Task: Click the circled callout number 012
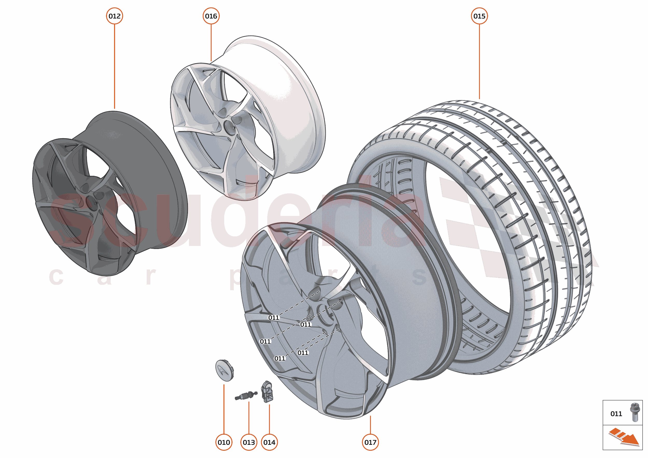[x=114, y=16]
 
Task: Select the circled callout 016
[x=211, y=16]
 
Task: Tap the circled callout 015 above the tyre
[x=479, y=16]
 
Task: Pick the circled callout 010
[x=224, y=442]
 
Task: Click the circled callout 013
[x=249, y=442]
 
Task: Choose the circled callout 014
[x=269, y=442]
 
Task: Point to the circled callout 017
[x=370, y=442]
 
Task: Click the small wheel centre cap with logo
[x=224, y=370]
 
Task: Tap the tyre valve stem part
[x=246, y=395]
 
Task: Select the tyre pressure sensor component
[x=267, y=392]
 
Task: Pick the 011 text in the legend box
[x=616, y=414]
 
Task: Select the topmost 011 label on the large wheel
[x=273, y=318]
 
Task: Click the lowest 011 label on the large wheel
[x=279, y=358]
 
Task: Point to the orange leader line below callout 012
[x=114, y=66]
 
